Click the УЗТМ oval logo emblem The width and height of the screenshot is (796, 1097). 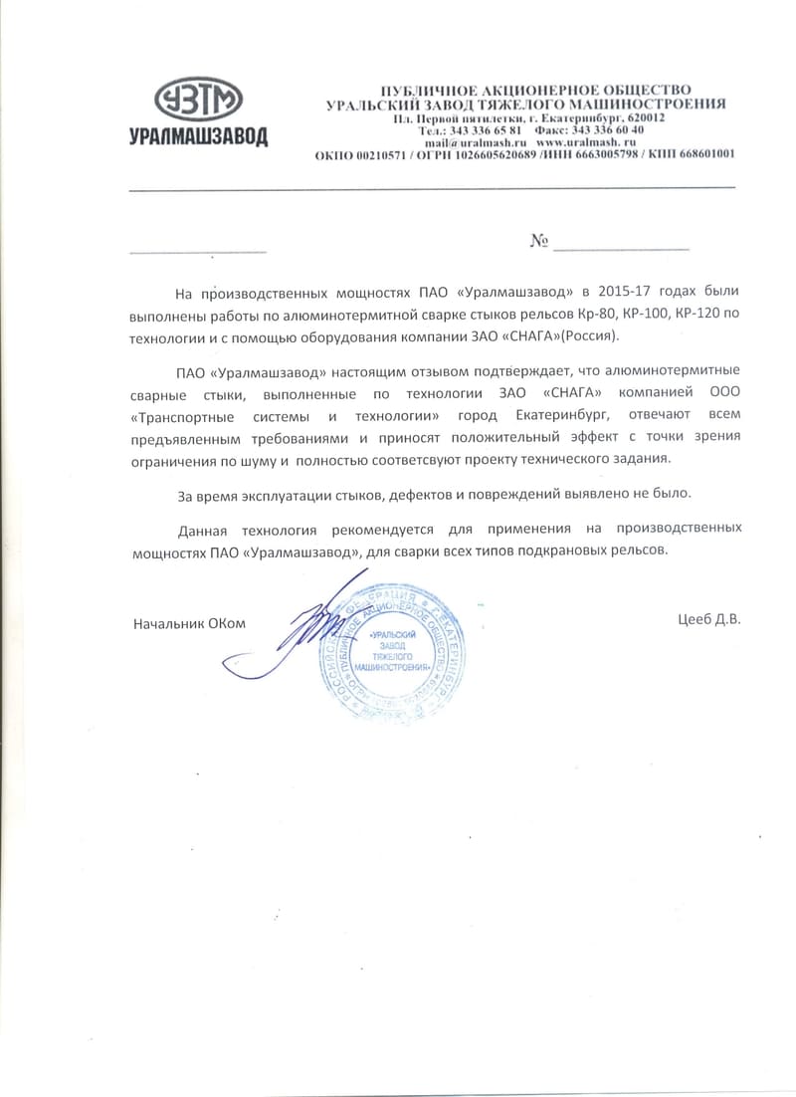[x=199, y=101]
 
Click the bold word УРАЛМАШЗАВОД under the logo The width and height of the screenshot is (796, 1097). [x=198, y=137]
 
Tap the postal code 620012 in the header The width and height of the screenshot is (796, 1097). [x=645, y=117]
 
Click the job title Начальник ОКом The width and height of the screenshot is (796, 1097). [x=188, y=623]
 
